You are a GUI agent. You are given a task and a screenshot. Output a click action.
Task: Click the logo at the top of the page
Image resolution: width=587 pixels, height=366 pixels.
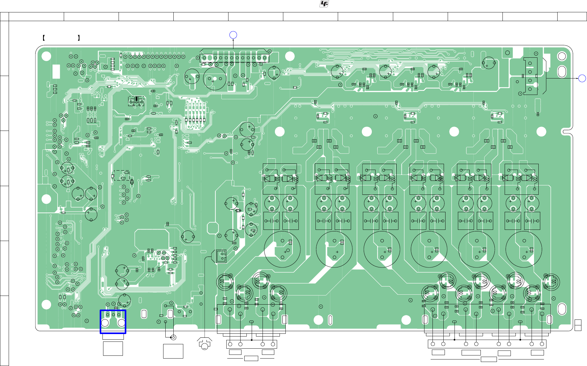pos(324,4)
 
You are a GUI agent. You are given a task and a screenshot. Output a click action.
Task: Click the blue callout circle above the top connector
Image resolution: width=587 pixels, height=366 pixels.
pos(233,35)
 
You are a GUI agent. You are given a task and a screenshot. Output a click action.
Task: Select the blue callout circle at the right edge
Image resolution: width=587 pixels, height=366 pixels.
pos(582,78)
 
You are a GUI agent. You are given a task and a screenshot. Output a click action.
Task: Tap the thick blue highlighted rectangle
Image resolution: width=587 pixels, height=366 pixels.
pos(113,322)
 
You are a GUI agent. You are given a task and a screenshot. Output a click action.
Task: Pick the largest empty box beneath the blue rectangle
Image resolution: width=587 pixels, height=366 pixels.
pos(113,349)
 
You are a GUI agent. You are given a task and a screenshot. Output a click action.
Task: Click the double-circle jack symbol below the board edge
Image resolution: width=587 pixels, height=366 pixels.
pos(173,337)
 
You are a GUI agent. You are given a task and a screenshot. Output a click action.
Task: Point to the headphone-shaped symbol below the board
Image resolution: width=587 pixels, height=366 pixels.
pos(204,344)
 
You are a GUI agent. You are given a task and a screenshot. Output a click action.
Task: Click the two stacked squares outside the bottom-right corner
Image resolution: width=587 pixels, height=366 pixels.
pos(578,325)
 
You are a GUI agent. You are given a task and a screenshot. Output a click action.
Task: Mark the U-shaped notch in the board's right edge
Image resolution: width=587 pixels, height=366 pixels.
pos(567,132)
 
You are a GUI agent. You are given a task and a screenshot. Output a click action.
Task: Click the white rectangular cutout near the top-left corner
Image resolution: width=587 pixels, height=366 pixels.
pos(56,72)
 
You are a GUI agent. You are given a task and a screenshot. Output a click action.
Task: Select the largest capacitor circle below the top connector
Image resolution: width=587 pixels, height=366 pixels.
pos(215,79)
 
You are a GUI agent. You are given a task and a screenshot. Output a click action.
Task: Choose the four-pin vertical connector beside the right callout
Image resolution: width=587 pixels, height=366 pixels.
pos(530,76)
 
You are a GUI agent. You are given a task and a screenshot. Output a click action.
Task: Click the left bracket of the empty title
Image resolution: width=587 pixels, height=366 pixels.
pos(44,38)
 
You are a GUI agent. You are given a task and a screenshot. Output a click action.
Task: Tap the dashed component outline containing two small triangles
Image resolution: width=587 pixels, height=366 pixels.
pos(136,101)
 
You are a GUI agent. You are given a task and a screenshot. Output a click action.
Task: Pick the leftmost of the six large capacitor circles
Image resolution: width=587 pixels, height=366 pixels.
pos(282,249)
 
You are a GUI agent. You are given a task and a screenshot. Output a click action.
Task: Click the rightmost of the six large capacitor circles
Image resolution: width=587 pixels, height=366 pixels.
pos(524,249)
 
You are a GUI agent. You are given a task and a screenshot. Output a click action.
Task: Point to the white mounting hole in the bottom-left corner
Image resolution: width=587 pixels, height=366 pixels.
pos(46,305)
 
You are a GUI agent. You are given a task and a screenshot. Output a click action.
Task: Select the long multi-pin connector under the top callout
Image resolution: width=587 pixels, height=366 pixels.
pos(234,58)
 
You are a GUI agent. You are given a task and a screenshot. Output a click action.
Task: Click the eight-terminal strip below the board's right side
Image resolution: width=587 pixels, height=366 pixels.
pos(487,344)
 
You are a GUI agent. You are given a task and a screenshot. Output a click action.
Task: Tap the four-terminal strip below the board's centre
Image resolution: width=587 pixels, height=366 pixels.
pos(251,344)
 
